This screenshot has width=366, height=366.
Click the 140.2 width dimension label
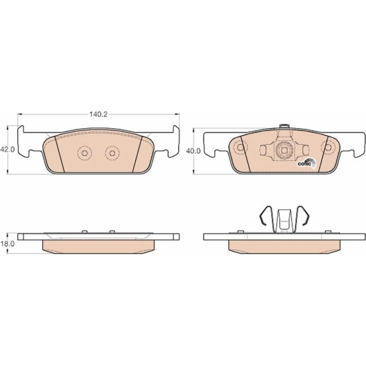(x=98, y=114)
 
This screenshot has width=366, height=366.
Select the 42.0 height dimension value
(x=7, y=149)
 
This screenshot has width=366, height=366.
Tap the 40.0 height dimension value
(x=193, y=151)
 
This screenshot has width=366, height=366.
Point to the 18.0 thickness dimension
(x=7, y=244)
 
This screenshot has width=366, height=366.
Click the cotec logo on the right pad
(x=307, y=163)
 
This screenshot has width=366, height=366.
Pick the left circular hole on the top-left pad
(x=85, y=153)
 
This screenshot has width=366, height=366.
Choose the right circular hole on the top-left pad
(x=112, y=153)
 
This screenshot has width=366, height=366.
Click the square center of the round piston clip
(x=284, y=150)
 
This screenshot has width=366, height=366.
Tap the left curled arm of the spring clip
(x=265, y=216)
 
